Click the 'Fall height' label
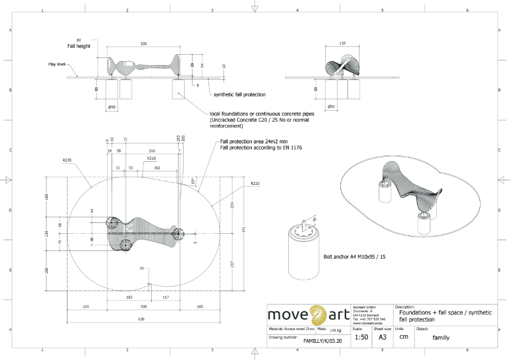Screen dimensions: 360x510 point(79,47)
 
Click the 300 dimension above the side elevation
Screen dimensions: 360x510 point(143,44)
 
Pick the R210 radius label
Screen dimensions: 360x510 point(151,158)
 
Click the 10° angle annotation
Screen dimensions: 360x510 point(193,181)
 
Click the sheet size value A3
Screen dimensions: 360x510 point(382,336)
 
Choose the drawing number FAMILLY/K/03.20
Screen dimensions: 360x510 point(326,341)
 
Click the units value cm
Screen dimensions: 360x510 point(404,336)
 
